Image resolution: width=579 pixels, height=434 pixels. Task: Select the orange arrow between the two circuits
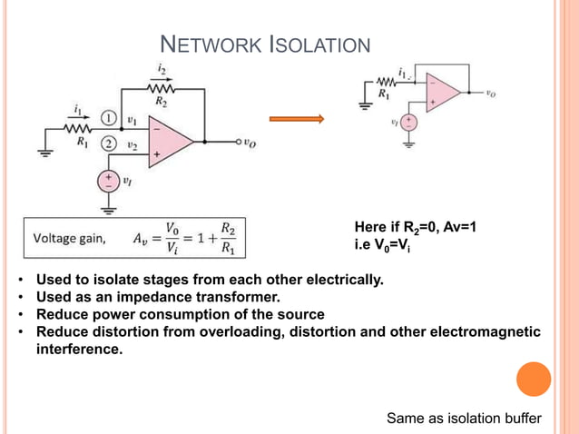[297, 119]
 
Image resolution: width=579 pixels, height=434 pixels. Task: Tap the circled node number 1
[109, 118]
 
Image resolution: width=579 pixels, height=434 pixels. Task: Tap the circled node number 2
[109, 143]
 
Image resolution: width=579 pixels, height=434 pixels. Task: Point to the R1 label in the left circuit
[83, 142]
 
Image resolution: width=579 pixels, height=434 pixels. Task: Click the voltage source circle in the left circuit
[109, 181]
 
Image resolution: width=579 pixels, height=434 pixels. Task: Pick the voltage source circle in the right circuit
[409, 123]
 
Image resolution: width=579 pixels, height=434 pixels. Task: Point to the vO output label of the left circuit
[250, 143]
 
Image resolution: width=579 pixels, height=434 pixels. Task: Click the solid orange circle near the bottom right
[534, 379]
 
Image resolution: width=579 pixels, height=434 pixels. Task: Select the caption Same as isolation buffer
[464, 419]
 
